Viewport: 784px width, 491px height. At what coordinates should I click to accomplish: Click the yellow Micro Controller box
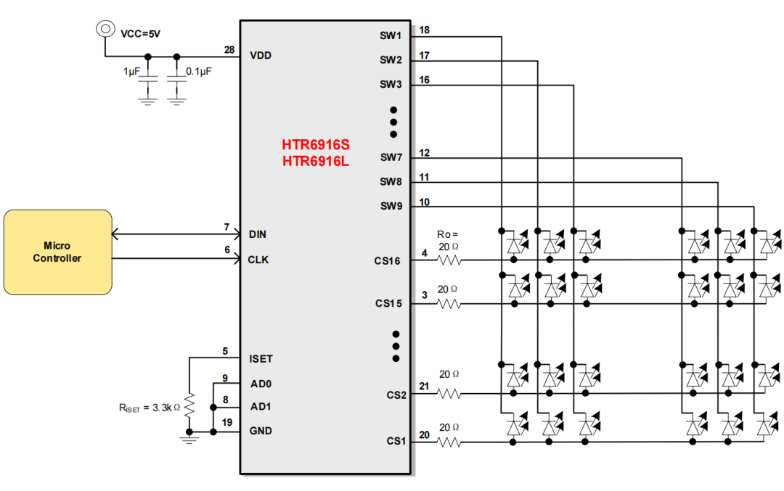[57, 252]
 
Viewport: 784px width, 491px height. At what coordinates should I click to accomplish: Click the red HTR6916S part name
[316, 145]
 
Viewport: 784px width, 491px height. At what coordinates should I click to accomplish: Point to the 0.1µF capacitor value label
[199, 72]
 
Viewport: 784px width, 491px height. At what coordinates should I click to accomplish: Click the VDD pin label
[260, 55]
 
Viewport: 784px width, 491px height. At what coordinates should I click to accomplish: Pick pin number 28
[229, 50]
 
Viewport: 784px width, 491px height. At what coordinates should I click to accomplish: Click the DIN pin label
[258, 235]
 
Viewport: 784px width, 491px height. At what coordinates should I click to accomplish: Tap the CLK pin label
[258, 259]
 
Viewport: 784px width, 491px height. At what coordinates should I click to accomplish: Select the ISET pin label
[261, 358]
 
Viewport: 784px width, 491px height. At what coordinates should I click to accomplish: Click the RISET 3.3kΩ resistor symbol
[189, 407]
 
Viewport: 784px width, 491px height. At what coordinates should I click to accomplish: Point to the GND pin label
[261, 431]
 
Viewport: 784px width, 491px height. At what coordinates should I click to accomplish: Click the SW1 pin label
[391, 35]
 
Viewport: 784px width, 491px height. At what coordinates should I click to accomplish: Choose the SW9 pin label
[391, 206]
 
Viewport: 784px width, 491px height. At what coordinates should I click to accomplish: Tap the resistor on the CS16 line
[449, 259]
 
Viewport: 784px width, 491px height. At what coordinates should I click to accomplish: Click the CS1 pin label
[396, 440]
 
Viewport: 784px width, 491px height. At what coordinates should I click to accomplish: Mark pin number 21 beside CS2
[424, 387]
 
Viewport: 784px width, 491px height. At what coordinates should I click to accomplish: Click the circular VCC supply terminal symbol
[105, 28]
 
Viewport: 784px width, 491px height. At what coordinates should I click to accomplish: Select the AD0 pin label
[260, 383]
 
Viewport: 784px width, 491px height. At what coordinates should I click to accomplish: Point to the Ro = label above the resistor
[447, 235]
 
